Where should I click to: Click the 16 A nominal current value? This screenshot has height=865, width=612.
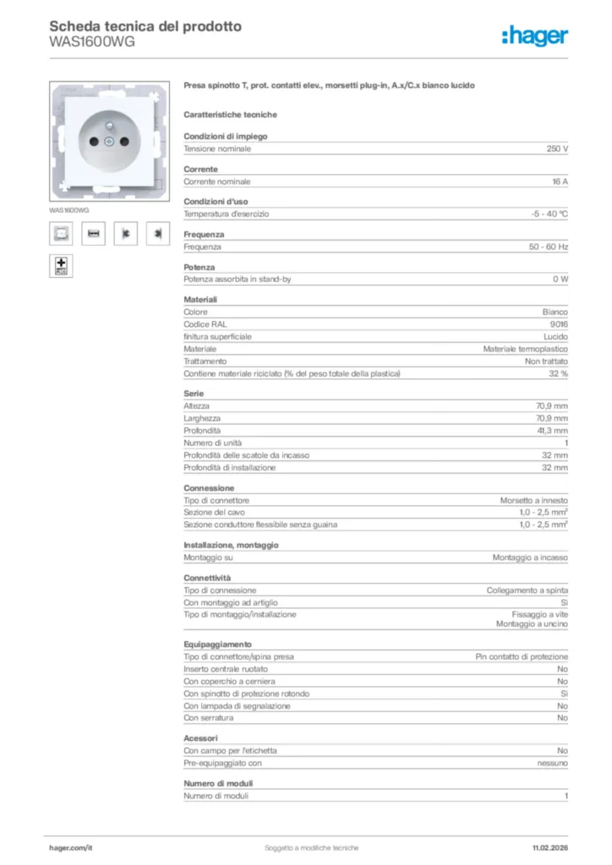(559, 182)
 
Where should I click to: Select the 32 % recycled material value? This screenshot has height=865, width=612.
(558, 373)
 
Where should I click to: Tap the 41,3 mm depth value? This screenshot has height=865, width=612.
(551, 431)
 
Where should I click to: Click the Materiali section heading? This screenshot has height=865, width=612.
(200, 300)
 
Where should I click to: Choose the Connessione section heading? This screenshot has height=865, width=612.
(209, 487)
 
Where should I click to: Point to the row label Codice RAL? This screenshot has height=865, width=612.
(205, 324)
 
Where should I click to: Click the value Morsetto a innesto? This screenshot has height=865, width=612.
(533, 500)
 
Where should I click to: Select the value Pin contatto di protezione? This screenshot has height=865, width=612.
(522, 656)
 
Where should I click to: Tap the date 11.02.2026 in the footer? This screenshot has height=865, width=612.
(549, 847)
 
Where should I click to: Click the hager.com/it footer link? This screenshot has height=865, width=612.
(70, 847)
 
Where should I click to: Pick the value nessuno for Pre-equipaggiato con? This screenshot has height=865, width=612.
(552, 763)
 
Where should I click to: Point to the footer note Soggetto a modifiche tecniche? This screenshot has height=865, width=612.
(311, 847)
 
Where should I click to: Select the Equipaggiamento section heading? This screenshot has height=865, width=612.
(217, 644)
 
